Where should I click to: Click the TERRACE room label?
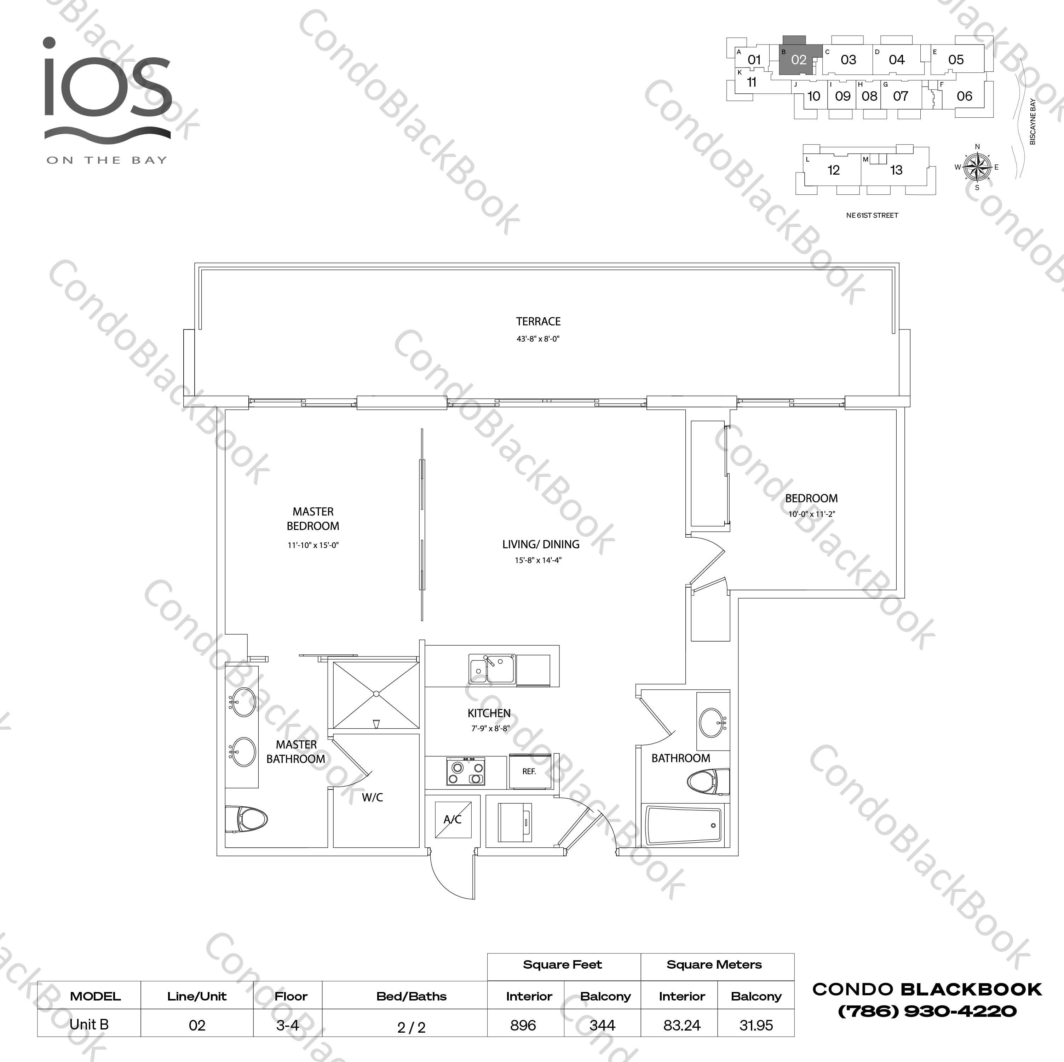click(x=538, y=321)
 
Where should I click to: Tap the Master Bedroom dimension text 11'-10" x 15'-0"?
click(x=313, y=545)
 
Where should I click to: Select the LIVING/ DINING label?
click(x=540, y=544)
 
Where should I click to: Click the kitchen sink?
click(x=492, y=669)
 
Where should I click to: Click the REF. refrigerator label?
click(x=529, y=771)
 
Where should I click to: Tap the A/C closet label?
click(x=453, y=819)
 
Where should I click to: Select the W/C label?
click(x=372, y=797)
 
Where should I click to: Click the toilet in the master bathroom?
click(x=246, y=819)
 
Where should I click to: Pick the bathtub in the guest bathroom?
click(x=683, y=825)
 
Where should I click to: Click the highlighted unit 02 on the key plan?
click(x=799, y=59)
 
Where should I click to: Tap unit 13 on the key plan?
click(x=896, y=170)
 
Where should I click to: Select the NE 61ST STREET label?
click(x=872, y=216)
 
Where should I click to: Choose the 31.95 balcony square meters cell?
click(x=756, y=1025)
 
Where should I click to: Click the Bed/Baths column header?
click(x=412, y=996)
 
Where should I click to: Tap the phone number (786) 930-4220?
click(x=927, y=1011)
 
